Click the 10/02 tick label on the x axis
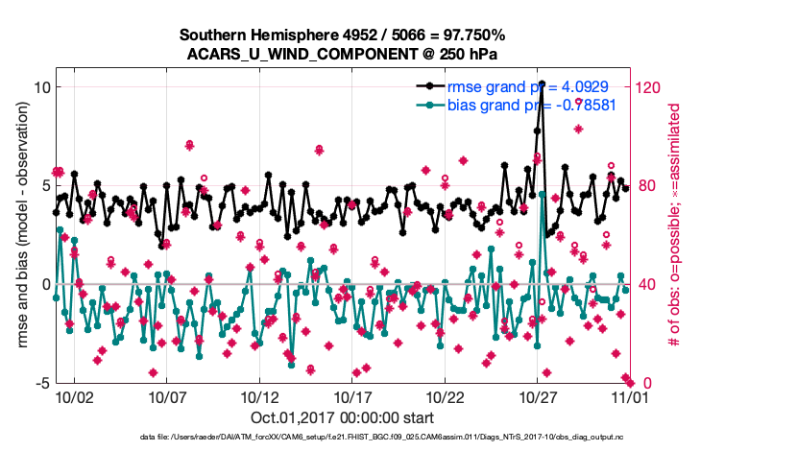74,396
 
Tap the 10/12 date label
259,396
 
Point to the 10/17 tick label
352,396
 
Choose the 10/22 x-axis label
446,396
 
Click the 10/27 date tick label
538,396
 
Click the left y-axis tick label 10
41,87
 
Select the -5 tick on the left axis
42,383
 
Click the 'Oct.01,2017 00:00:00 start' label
341,417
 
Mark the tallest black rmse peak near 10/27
543,84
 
